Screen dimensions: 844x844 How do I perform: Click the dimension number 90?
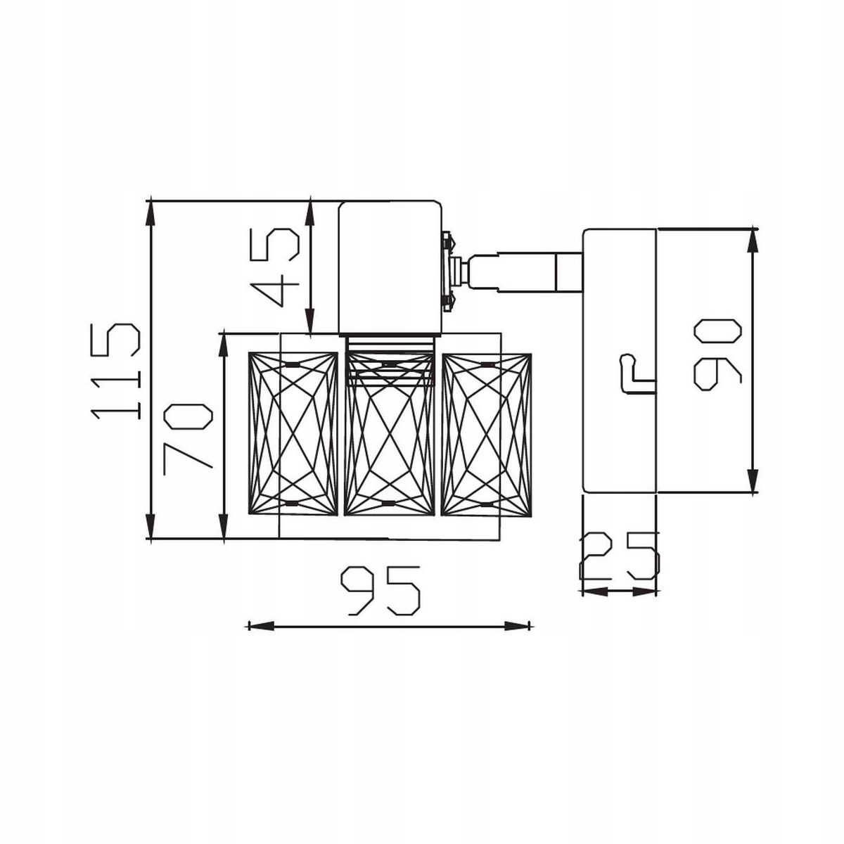coord(717,354)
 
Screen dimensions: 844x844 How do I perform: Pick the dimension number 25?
coord(619,556)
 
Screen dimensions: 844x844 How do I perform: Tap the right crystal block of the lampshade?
coord(487,435)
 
